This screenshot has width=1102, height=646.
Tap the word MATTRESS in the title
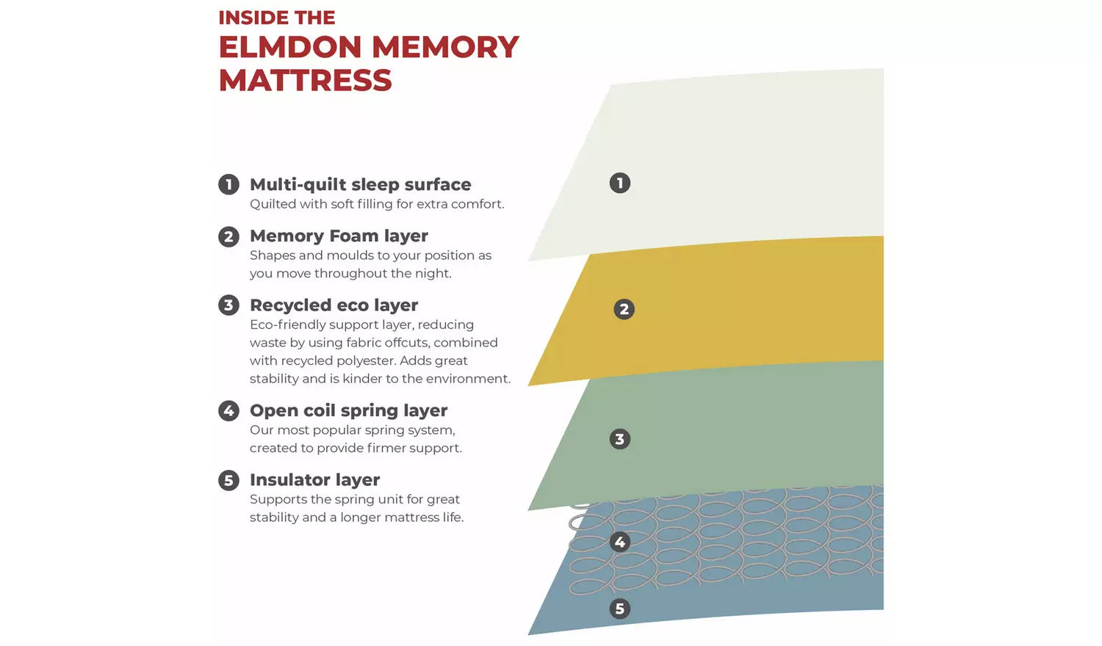(305, 81)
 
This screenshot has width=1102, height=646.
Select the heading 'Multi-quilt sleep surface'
(360, 184)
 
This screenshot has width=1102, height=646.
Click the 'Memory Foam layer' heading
(339, 236)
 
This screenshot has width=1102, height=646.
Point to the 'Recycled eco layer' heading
(334, 305)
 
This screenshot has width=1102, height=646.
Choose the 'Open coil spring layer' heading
(348, 410)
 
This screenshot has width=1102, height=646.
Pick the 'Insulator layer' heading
(314, 479)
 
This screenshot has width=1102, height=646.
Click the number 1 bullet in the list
(228, 184)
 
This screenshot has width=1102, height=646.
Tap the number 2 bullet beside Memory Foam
(228, 236)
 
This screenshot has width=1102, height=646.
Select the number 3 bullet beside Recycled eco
(228, 305)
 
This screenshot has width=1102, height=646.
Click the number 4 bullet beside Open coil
(228, 410)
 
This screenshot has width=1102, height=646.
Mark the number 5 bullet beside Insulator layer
(228, 480)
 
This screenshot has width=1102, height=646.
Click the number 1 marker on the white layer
(620, 183)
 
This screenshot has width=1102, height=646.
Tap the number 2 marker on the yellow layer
(624, 309)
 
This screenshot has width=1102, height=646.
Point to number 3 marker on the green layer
(620, 439)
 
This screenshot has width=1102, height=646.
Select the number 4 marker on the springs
(620, 542)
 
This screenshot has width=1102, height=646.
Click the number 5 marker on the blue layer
(620, 609)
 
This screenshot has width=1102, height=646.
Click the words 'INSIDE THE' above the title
(276, 18)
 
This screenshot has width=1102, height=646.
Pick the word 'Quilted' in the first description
(270, 204)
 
